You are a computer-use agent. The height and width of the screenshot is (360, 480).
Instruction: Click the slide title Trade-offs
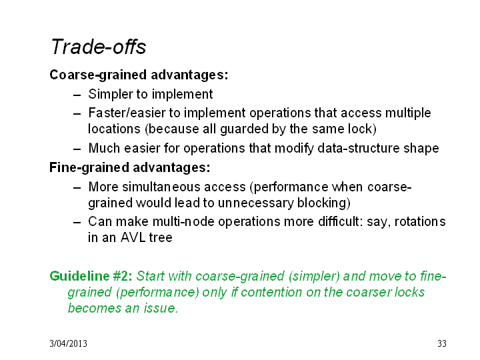point(99,47)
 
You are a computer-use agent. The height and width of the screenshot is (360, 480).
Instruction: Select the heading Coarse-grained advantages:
point(139,75)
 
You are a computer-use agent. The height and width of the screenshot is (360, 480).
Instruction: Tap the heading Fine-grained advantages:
point(130,168)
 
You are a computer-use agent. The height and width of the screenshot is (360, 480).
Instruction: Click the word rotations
point(420,221)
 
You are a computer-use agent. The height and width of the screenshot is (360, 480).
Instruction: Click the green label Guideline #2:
point(91,276)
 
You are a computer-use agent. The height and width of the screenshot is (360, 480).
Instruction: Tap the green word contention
point(271,293)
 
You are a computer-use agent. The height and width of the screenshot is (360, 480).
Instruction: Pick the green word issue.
point(161,308)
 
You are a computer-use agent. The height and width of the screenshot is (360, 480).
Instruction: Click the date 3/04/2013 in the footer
point(68,343)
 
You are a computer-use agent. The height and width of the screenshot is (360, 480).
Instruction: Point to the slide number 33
point(442,343)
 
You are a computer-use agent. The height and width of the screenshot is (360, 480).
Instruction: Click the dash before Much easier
point(77,149)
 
